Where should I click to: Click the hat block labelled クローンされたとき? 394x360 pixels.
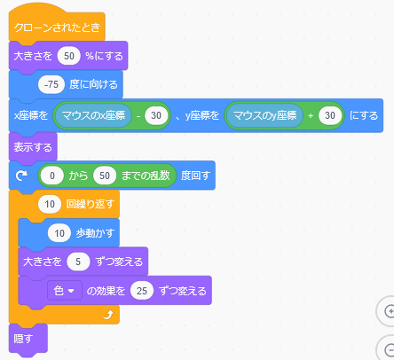point(57,27)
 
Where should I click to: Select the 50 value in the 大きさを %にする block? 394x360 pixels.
point(69,56)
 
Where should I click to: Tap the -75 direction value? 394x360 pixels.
point(51,84)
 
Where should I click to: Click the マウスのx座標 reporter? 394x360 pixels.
point(93,115)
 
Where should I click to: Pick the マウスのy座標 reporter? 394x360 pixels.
point(265,115)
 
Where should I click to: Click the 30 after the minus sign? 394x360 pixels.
point(156,115)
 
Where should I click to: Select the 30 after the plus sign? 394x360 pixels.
point(330,115)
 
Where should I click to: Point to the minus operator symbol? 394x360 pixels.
point(138,115)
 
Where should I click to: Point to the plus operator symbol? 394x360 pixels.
point(311,115)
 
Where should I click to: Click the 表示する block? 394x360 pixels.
point(33,147)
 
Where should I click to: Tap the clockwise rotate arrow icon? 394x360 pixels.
point(21,176)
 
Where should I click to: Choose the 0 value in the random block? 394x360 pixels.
point(52,176)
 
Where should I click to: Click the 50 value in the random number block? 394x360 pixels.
point(105,176)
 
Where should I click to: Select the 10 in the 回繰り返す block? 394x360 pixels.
point(50,204)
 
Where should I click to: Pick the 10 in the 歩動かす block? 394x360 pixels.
point(59,233)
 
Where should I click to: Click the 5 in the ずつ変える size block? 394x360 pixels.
point(78,262)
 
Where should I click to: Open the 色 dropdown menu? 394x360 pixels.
point(65,291)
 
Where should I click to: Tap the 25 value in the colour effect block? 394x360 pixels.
point(142,291)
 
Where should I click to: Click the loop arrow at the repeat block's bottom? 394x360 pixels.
point(108,315)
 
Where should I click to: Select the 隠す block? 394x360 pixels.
point(28,339)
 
